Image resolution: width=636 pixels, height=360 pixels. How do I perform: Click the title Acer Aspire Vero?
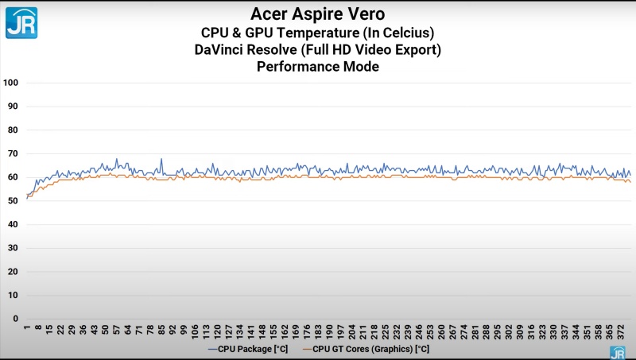tap(318, 14)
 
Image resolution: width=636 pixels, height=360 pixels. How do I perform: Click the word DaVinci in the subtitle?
tap(222, 49)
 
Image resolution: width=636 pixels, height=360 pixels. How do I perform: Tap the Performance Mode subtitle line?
tap(318, 67)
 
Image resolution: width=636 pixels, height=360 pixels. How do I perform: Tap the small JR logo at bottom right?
tap(617, 352)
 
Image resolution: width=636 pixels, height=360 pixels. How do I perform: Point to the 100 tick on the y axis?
tap(11, 83)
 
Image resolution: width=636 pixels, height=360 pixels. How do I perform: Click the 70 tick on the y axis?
tap(13, 153)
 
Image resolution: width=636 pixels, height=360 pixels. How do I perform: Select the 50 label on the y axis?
tap(13, 200)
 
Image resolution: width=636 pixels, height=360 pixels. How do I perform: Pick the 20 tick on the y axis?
tap(13, 271)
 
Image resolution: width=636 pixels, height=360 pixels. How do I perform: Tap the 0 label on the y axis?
tap(15, 318)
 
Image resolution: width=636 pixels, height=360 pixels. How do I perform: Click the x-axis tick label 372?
tap(621, 329)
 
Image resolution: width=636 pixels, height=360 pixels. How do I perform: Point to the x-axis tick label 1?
tap(27, 326)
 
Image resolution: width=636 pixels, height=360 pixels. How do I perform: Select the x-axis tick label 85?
tap(161, 327)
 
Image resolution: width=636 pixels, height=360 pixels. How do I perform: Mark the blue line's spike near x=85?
tap(161, 159)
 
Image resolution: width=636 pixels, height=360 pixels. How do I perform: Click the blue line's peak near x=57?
tap(117, 159)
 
